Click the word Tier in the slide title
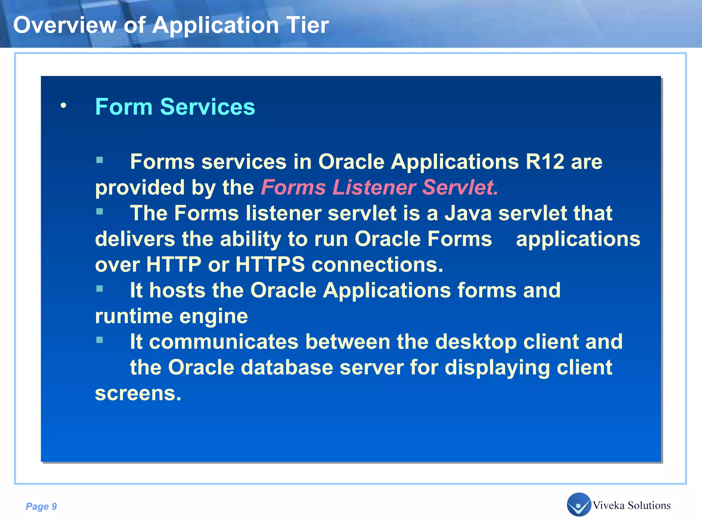click(x=307, y=25)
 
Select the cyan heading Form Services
click(x=175, y=107)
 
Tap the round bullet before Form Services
click(x=63, y=105)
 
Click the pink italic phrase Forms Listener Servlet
click(x=379, y=188)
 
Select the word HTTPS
click(x=270, y=264)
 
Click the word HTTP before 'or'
click(x=174, y=264)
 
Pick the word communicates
click(x=223, y=342)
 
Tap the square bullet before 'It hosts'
click(x=100, y=289)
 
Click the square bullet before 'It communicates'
click(x=100, y=340)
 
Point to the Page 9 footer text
click(x=41, y=506)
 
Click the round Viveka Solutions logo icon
click(x=579, y=504)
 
